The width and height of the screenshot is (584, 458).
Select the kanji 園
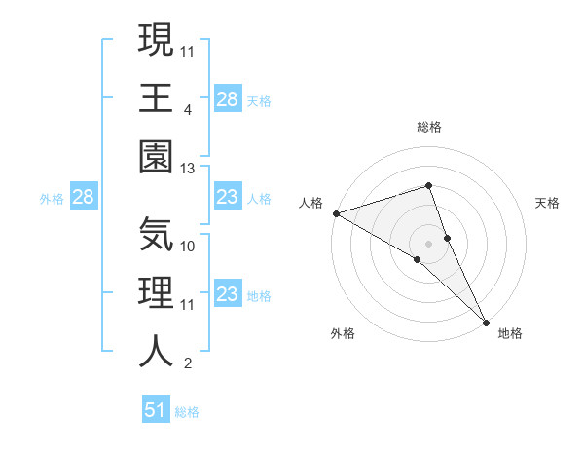(157, 153)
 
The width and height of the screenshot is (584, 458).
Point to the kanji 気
(157, 233)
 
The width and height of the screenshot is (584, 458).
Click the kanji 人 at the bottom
(157, 348)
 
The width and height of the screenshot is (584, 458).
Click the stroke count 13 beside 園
(188, 168)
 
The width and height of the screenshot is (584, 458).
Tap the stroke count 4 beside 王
(188, 110)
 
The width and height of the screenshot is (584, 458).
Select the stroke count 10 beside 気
(188, 247)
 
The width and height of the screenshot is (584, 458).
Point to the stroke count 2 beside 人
(188, 363)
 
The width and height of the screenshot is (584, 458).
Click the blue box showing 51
(156, 410)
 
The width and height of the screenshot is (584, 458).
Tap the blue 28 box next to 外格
(84, 198)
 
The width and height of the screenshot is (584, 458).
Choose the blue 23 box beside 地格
(227, 295)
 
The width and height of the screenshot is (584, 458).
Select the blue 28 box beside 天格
(227, 99)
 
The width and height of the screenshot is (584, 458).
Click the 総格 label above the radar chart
(429, 127)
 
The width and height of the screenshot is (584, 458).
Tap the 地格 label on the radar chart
(510, 334)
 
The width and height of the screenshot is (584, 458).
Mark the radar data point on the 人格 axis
(336, 212)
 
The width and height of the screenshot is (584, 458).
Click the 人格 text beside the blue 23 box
(259, 198)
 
